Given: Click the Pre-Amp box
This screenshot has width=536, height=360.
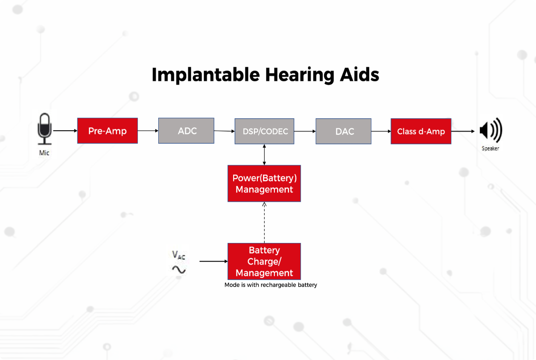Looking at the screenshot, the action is [x=108, y=131].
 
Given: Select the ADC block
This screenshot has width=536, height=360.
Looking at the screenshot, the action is [x=186, y=131].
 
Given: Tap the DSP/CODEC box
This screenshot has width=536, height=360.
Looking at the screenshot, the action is [x=265, y=131].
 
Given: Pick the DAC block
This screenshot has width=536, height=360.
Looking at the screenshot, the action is [x=343, y=131].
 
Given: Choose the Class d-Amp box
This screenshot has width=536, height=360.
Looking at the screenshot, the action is [x=421, y=131].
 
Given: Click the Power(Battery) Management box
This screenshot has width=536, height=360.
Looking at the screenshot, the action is [x=264, y=183].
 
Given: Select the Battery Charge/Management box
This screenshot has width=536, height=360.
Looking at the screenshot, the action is [x=264, y=261].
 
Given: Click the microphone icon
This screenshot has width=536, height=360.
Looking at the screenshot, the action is [x=45, y=129].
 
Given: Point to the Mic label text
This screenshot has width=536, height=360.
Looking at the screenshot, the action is [x=44, y=153].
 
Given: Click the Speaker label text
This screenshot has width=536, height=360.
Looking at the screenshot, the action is [x=490, y=149].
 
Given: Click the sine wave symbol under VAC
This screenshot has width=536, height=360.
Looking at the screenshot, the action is [x=179, y=270].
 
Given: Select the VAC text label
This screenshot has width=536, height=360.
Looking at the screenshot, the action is [x=179, y=254].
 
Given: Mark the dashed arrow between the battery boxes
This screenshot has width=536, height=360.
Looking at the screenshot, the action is [x=264, y=223].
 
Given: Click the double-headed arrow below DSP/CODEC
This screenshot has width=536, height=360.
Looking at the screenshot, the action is [x=264, y=154].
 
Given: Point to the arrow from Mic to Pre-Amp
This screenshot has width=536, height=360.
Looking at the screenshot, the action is [x=65, y=131].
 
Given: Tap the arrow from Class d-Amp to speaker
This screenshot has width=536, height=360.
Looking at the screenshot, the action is [x=463, y=131].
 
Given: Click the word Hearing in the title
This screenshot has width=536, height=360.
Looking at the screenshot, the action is [x=299, y=75].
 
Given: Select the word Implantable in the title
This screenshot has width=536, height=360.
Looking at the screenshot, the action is [x=206, y=75].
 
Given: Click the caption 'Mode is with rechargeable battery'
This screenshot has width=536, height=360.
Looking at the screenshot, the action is [x=271, y=285].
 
